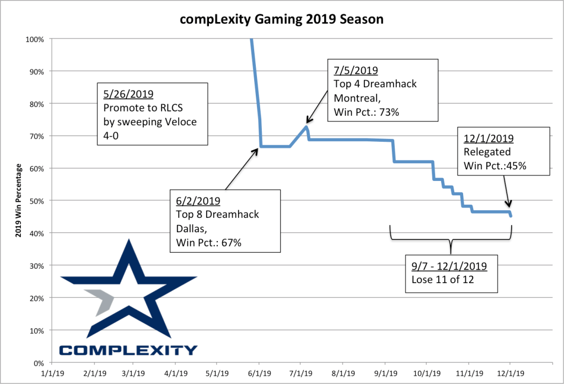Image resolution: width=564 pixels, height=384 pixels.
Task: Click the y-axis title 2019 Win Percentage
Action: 19,201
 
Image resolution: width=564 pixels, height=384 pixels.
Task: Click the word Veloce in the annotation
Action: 179,121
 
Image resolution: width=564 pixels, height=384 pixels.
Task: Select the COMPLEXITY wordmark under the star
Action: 128,350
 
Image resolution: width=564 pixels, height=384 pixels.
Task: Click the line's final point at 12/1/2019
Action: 511,215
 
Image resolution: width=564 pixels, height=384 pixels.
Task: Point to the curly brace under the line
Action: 451,241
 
